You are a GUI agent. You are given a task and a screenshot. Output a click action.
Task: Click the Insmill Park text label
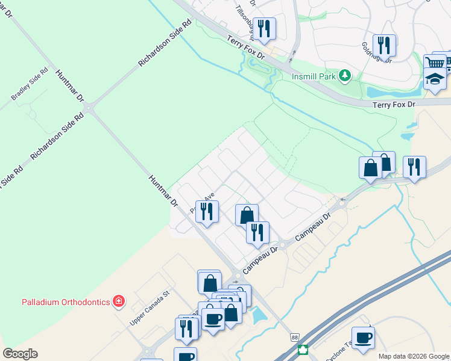(x=313, y=76)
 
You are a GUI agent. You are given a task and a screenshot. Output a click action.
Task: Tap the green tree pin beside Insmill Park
(x=344, y=76)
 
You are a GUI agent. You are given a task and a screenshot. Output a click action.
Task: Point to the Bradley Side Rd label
(x=29, y=89)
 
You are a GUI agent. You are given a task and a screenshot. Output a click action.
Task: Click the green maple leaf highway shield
(x=303, y=350)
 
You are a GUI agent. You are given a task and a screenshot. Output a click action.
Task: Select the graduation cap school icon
(x=435, y=79)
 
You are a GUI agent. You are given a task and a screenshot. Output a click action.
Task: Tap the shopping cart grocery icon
(x=435, y=63)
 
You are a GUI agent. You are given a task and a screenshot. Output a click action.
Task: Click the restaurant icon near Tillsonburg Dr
(x=263, y=28)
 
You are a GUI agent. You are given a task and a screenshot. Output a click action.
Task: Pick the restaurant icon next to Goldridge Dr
(x=383, y=45)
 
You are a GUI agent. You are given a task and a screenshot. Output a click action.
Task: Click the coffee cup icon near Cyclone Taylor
(x=363, y=338)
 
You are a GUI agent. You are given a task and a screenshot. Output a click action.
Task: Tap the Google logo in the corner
(x=20, y=354)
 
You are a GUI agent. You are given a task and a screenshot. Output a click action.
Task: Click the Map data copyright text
(x=414, y=356)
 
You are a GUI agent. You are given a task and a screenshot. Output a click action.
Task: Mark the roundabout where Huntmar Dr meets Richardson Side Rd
(x=90, y=109)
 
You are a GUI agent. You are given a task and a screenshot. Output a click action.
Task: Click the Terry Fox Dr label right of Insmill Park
(x=394, y=104)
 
